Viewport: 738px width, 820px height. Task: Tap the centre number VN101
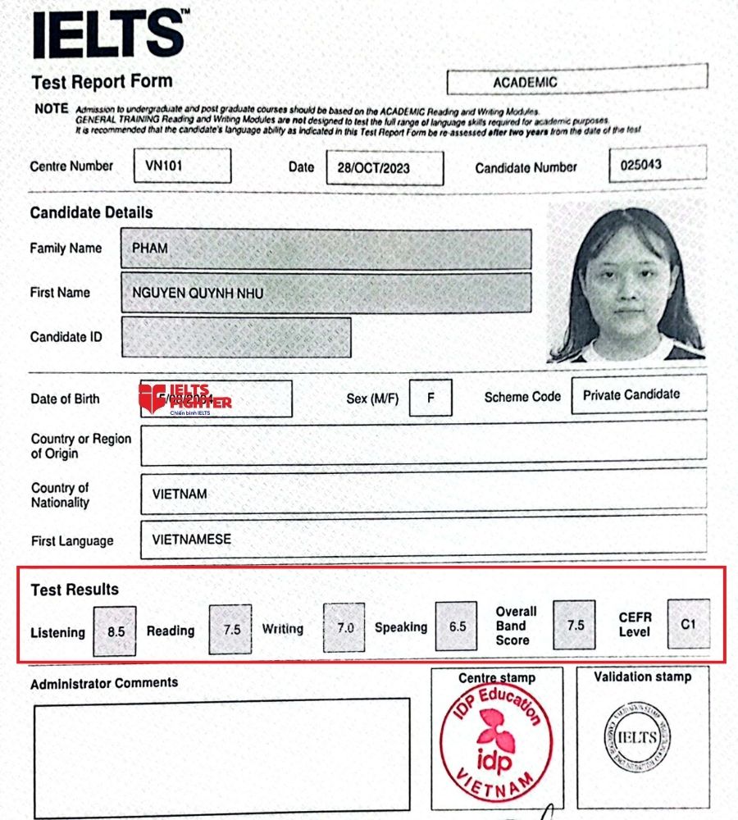182,165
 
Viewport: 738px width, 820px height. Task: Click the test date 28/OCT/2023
385,168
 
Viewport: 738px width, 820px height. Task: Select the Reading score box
231,630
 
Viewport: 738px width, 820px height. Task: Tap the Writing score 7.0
345,627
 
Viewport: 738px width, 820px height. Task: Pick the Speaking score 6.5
457,626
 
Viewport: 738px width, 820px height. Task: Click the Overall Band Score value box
575,625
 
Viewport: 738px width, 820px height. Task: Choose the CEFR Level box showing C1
689,624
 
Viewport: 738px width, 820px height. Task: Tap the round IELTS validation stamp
637,737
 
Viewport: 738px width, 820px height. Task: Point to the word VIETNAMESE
192,540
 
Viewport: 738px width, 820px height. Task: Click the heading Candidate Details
91,212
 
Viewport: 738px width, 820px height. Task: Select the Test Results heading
75,590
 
